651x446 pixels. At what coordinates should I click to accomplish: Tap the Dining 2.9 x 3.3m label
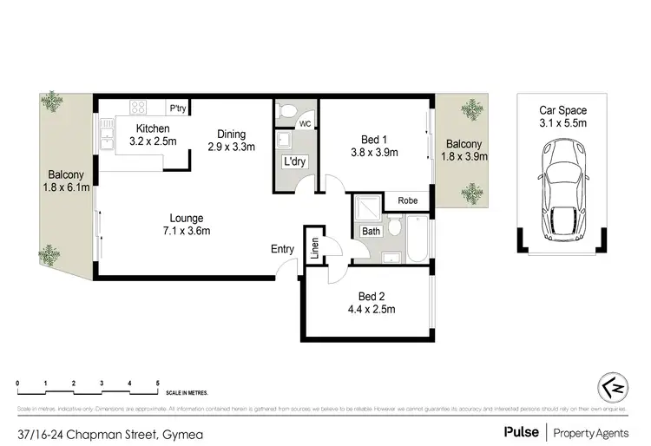(x=232, y=141)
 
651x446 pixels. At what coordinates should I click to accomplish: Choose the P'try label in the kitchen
(x=178, y=108)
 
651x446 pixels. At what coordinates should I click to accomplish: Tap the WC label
(x=305, y=125)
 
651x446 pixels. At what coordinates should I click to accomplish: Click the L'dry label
(x=293, y=162)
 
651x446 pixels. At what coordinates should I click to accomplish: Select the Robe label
(x=408, y=200)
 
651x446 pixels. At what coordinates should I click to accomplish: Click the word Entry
(x=283, y=250)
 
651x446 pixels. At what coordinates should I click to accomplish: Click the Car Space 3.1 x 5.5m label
(x=562, y=116)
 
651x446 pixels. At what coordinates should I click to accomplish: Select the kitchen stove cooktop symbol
(x=138, y=108)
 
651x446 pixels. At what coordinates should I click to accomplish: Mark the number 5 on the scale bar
(x=157, y=383)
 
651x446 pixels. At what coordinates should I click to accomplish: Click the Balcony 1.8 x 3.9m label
(x=464, y=150)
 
